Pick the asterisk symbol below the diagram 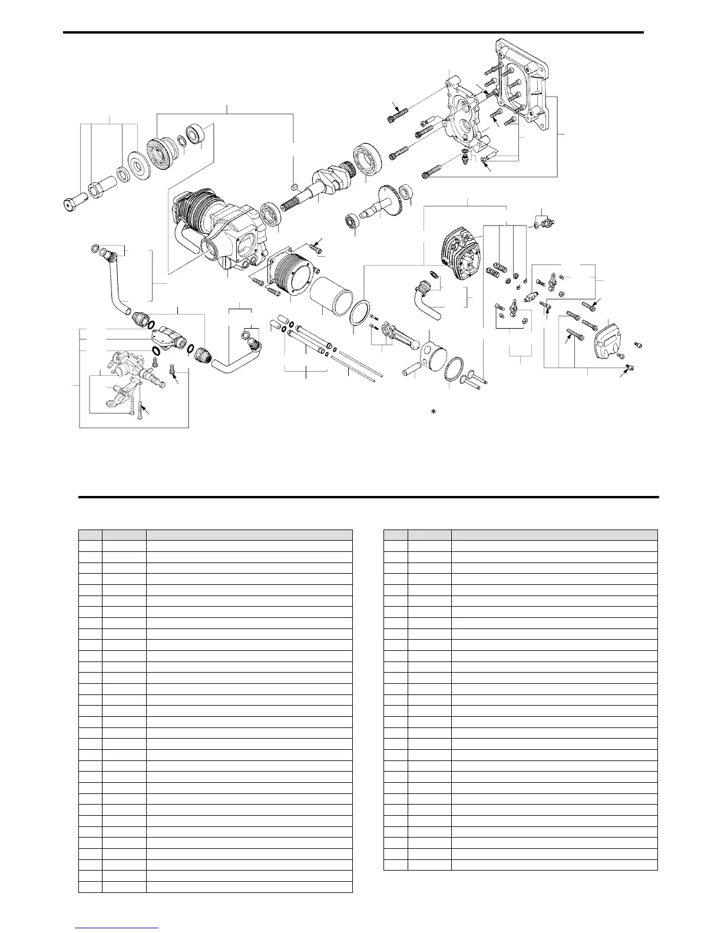point(433,412)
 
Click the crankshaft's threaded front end point(295,204)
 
